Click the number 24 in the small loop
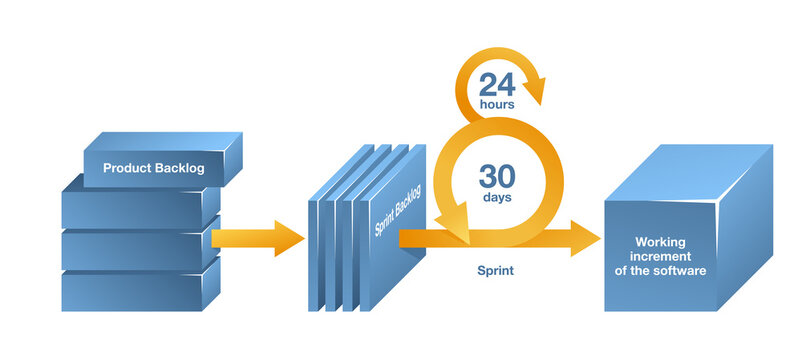(x=497, y=84)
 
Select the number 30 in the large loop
(x=497, y=177)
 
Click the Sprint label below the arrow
(x=497, y=270)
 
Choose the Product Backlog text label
(x=153, y=168)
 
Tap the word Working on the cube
(x=661, y=242)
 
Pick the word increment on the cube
(x=661, y=256)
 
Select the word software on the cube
(x=685, y=270)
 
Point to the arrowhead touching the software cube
(x=584, y=238)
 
